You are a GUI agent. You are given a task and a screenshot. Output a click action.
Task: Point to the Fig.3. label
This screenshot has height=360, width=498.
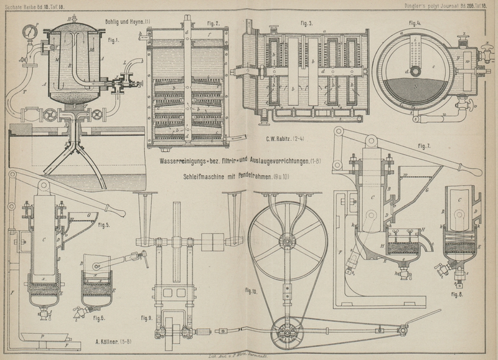[306, 23]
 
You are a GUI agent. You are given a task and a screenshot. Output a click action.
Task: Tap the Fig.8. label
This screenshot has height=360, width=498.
[458, 293]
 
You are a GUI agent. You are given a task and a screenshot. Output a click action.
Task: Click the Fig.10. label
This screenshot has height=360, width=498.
[251, 290]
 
